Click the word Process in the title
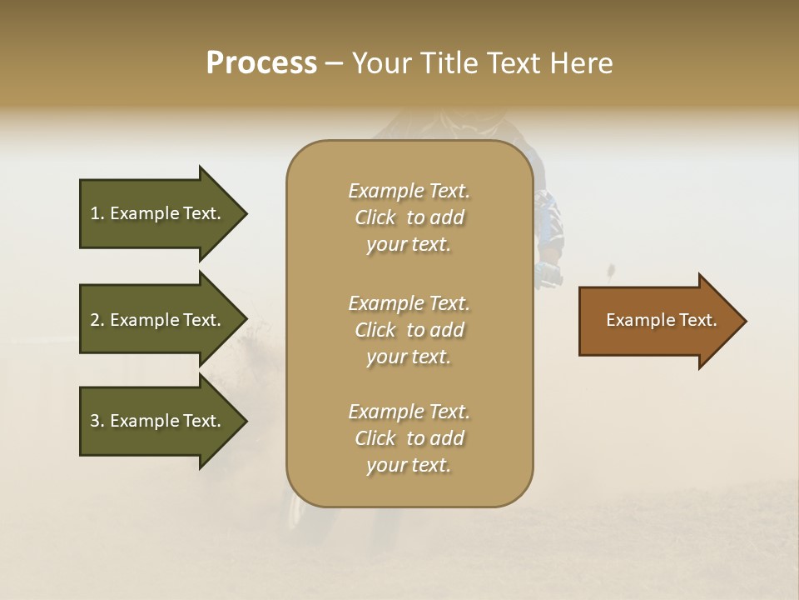(261, 63)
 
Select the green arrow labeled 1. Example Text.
(158, 213)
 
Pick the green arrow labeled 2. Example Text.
(158, 320)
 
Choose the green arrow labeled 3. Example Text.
(158, 421)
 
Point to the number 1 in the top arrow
(95, 213)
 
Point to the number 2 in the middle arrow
(95, 320)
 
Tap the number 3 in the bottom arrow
(95, 421)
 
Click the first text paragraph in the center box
(409, 217)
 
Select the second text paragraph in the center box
(409, 330)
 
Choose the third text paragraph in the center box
(409, 438)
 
